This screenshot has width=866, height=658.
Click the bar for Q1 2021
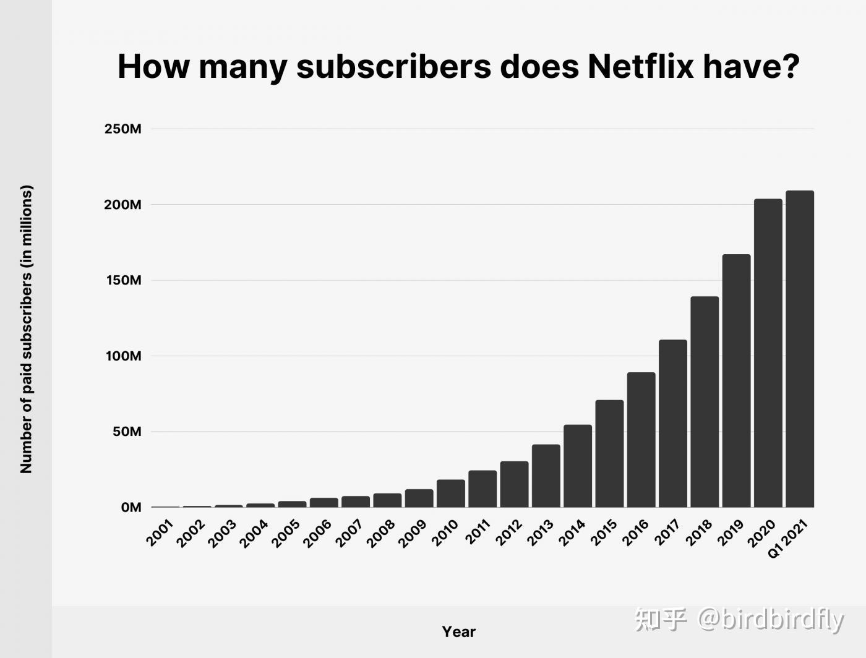799,349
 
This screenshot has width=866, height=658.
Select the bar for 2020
768,353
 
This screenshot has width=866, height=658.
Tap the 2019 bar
736,381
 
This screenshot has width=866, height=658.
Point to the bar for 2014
577,466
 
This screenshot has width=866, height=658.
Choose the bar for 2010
450,493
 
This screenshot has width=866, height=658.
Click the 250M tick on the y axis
122,129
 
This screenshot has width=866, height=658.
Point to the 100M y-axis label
122,356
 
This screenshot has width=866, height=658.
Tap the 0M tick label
131,508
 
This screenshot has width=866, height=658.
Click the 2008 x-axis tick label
381,533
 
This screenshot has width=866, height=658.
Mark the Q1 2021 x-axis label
787,538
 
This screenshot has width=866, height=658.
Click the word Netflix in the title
641,66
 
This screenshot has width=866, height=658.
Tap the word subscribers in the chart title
393,66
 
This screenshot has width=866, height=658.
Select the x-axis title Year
458,632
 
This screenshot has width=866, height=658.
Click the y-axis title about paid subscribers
26,329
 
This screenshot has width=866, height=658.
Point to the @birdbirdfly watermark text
771,619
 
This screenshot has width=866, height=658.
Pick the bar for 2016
641,440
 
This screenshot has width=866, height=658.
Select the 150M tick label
122,281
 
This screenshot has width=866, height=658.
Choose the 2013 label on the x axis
540,533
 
